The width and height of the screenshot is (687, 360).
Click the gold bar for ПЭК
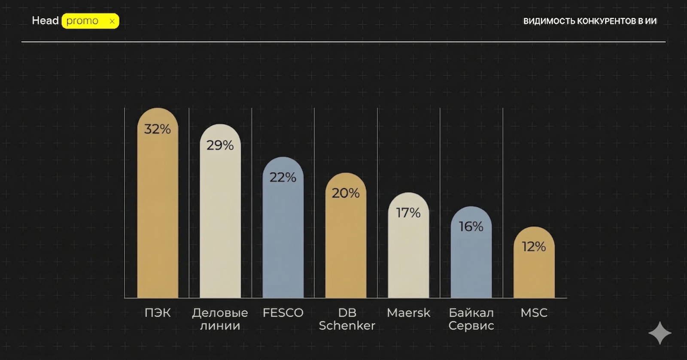158,215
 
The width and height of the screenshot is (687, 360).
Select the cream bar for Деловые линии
220,223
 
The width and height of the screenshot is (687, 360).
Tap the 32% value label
158,129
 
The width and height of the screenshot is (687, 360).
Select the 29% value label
220,145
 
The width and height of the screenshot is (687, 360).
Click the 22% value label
283,177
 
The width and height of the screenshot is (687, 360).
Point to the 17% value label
408,212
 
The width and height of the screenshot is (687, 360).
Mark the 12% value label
534,246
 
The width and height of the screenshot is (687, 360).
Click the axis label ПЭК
158,313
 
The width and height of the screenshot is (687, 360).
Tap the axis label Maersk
408,313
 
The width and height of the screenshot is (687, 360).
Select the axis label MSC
534,313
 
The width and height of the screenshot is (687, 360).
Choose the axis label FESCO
283,313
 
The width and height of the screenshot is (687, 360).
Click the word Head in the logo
45,21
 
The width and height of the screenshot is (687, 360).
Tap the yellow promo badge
90,21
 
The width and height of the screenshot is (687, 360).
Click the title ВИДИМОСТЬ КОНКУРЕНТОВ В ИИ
590,21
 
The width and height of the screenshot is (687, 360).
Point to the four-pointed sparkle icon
660,333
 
